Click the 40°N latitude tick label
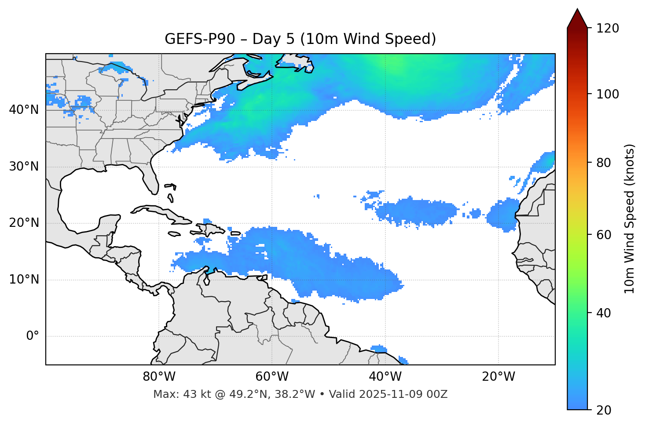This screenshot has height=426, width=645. (x=24, y=110)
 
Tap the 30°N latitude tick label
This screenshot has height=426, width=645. (x=24, y=167)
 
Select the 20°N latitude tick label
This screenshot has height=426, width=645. (x=24, y=223)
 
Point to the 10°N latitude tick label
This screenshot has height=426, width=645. (x=24, y=280)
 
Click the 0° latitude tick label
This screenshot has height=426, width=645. (x=33, y=336)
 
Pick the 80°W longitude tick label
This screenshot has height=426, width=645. (x=159, y=377)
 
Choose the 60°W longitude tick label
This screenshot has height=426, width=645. (x=272, y=377)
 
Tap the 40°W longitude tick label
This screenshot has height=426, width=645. (x=385, y=377)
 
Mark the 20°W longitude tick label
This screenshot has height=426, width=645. (x=498, y=377)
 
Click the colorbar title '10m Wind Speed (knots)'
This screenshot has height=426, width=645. (x=630, y=218)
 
